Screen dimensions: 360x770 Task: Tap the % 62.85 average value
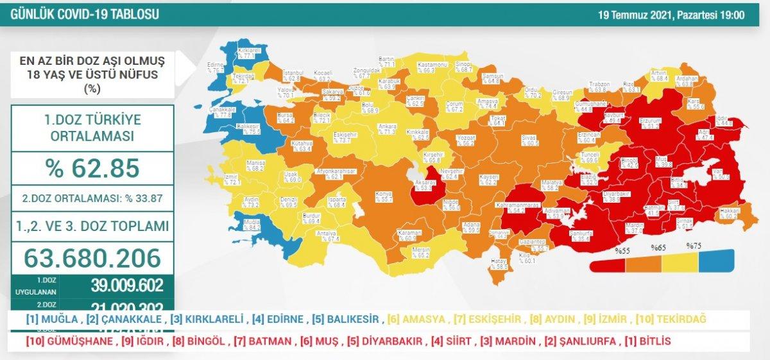coord(92,168)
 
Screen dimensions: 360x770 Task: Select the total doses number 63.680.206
coord(92,258)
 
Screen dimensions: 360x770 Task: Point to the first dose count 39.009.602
coord(126,285)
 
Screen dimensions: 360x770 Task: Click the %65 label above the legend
coord(658,247)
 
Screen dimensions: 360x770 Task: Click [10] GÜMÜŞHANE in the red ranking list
coord(69,341)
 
